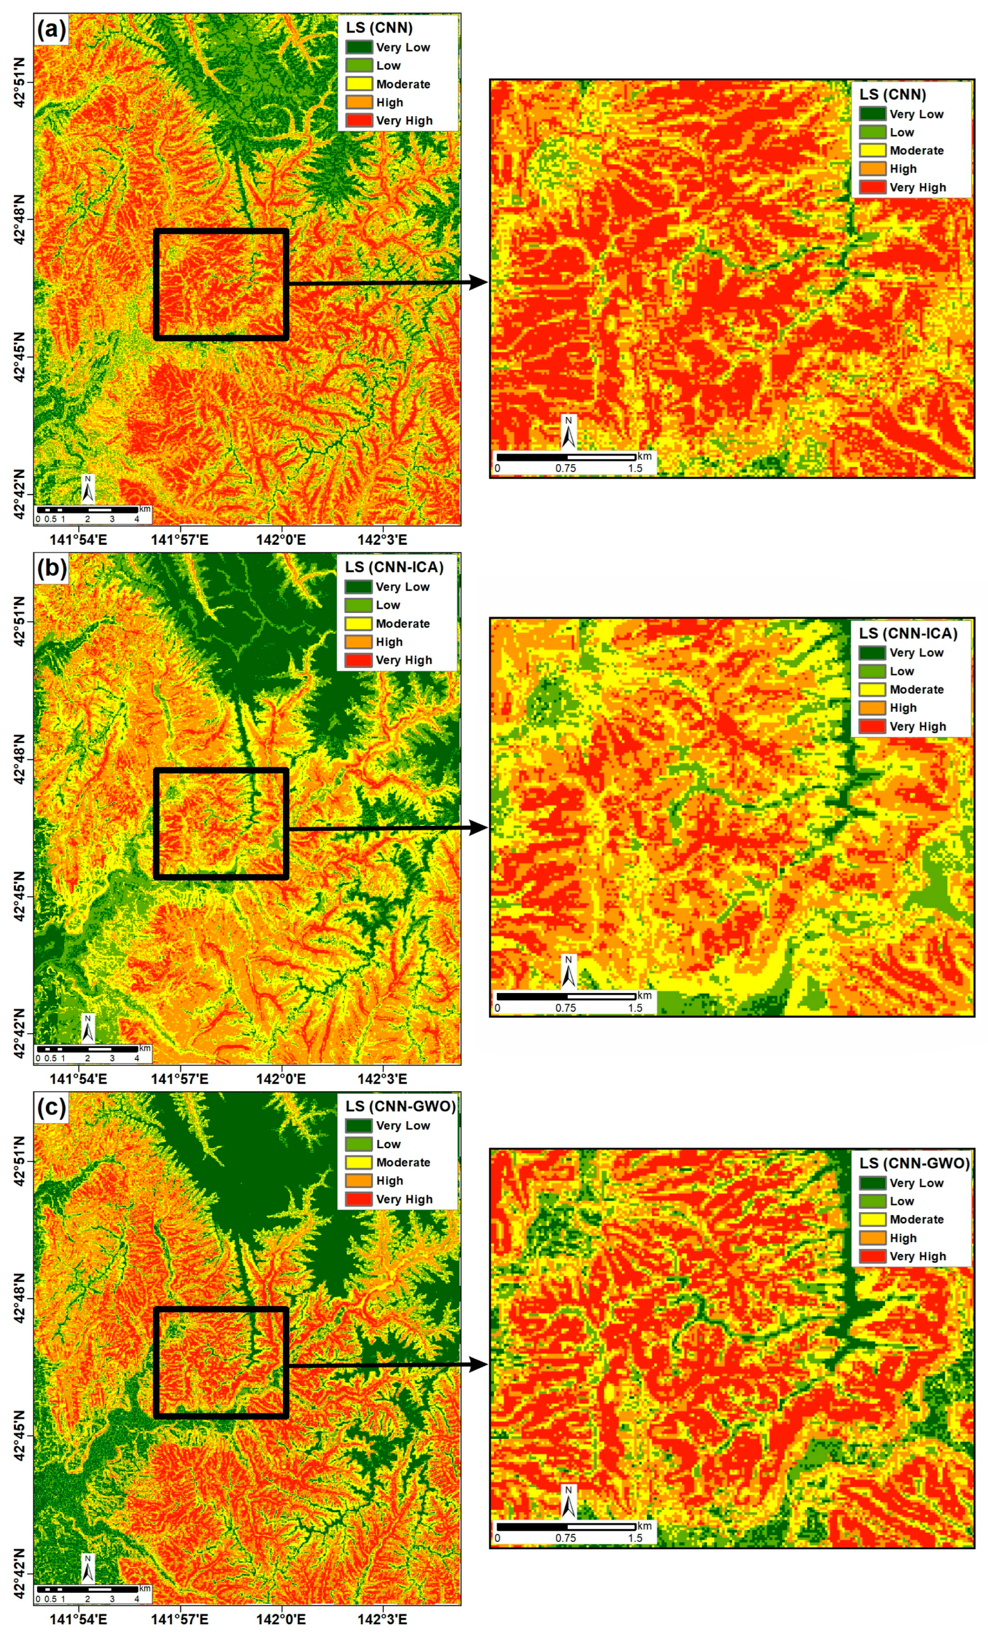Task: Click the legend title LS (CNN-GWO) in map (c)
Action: pos(400,1106)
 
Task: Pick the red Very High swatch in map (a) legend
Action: pos(358,121)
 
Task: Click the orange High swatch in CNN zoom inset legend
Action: pos(872,169)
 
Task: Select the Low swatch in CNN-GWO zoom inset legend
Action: pos(872,1202)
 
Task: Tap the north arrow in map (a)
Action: pos(88,489)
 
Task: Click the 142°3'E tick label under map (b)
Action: pos(382,1078)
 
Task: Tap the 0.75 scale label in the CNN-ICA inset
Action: pos(566,1008)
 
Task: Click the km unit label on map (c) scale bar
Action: pos(145,1587)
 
